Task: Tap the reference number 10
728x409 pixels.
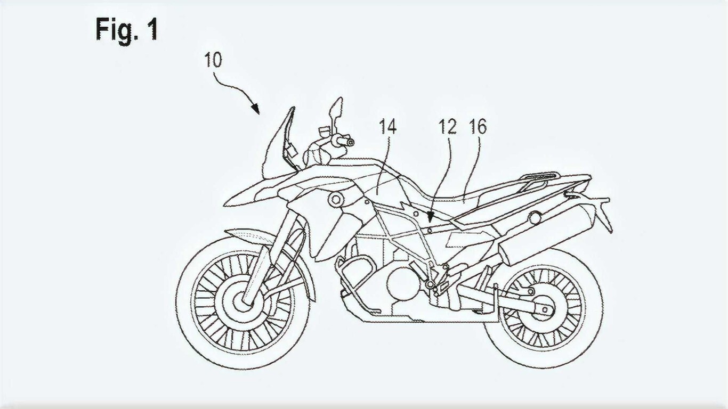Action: coord(213,60)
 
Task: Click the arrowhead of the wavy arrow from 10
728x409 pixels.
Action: coord(255,109)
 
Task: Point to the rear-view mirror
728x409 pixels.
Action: coord(336,109)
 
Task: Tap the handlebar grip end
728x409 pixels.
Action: coord(350,142)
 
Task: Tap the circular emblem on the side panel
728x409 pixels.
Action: coord(336,199)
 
